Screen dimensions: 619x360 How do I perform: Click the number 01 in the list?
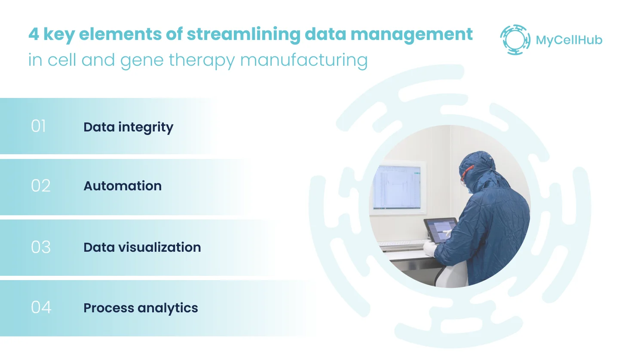[x=38, y=126]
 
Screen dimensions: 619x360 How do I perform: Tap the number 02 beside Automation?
[x=40, y=186]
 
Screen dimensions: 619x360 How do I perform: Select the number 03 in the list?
[x=40, y=247]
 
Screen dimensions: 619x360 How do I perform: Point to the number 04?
[x=41, y=307]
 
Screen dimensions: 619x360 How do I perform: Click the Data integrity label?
[x=128, y=128]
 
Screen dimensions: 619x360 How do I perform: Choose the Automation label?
[x=123, y=186]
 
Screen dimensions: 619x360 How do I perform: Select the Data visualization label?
[x=142, y=247]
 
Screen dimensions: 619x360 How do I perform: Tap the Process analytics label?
[x=141, y=308]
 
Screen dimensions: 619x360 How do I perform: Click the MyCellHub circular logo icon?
[x=515, y=40]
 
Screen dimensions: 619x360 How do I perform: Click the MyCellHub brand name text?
[x=569, y=40]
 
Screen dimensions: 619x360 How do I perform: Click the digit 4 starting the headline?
[x=34, y=34]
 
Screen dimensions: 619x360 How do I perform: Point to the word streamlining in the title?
[x=243, y=35]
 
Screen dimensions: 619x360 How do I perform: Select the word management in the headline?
[x=411, y=35]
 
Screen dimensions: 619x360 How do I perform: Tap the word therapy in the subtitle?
[x=202, y=61]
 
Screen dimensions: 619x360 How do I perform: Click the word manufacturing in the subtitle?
[x=304, y=61]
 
